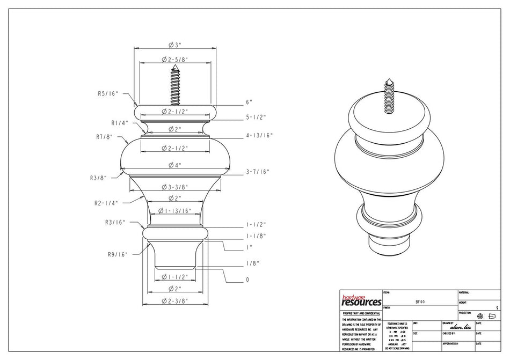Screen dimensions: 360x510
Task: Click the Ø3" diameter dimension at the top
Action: point(174,45)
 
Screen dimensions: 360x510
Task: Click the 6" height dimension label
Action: point(249,102)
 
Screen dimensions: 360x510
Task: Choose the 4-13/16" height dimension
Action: point(259,136)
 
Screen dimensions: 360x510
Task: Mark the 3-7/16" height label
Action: point(258,172)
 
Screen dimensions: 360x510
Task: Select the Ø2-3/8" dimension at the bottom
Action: point(174,302)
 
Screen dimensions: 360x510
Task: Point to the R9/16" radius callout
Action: point(116,254)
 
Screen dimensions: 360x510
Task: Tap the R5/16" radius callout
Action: point(108,93)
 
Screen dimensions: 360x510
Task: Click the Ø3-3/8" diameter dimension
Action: point(174,187)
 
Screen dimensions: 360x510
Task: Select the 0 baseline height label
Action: point(247,280)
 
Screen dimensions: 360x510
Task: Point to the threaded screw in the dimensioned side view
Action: point(175,85)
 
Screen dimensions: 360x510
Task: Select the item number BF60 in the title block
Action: point(420,302)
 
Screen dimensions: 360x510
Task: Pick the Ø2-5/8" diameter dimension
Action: point(174,60)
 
